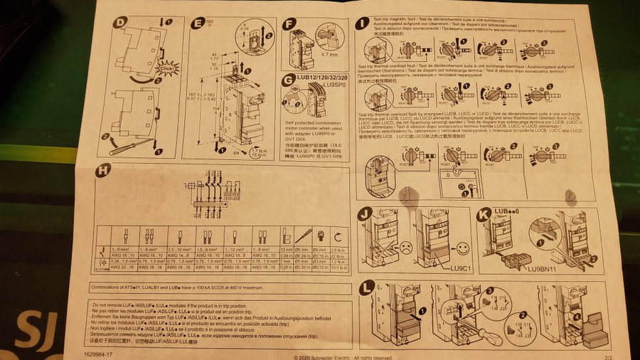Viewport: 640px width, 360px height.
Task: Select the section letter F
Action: click(x=289, y=23)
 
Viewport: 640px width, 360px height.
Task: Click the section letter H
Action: click(x=104, y=169)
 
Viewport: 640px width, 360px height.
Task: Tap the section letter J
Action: click(x=365, y=213)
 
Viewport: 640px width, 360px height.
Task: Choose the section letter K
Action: click(x=484, y=213)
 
